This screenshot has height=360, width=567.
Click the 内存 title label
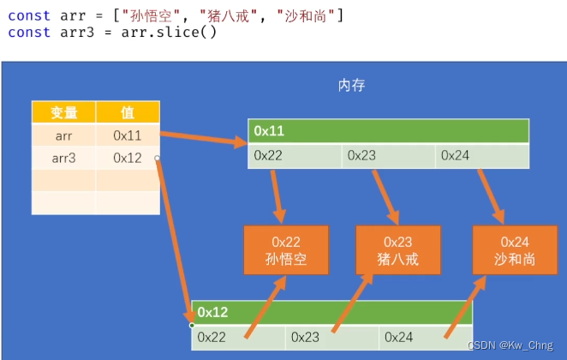tap(352, 85)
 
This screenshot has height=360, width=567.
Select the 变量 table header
tap(63, 112)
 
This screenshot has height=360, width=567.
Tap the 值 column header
tap(127, 112)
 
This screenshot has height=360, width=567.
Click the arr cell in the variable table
tap(63, 135)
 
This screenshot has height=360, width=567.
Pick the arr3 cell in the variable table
tap(63, 158)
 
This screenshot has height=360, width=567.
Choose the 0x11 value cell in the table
tap(127, 135)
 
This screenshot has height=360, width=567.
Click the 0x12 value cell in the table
tap(127, 158)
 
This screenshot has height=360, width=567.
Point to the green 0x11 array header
tap(388, 131)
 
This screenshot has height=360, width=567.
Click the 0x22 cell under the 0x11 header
tap(295, 156)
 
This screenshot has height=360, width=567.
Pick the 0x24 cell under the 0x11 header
tap(481, 156)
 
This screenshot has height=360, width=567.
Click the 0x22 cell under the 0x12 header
tap(237, 338)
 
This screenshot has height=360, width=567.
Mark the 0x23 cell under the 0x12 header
tap(331, 338)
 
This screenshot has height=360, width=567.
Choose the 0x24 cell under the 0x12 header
tap(424, 338)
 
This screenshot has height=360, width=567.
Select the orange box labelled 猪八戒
tap(398, 250)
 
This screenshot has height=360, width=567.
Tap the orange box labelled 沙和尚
tap(514, 250)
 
